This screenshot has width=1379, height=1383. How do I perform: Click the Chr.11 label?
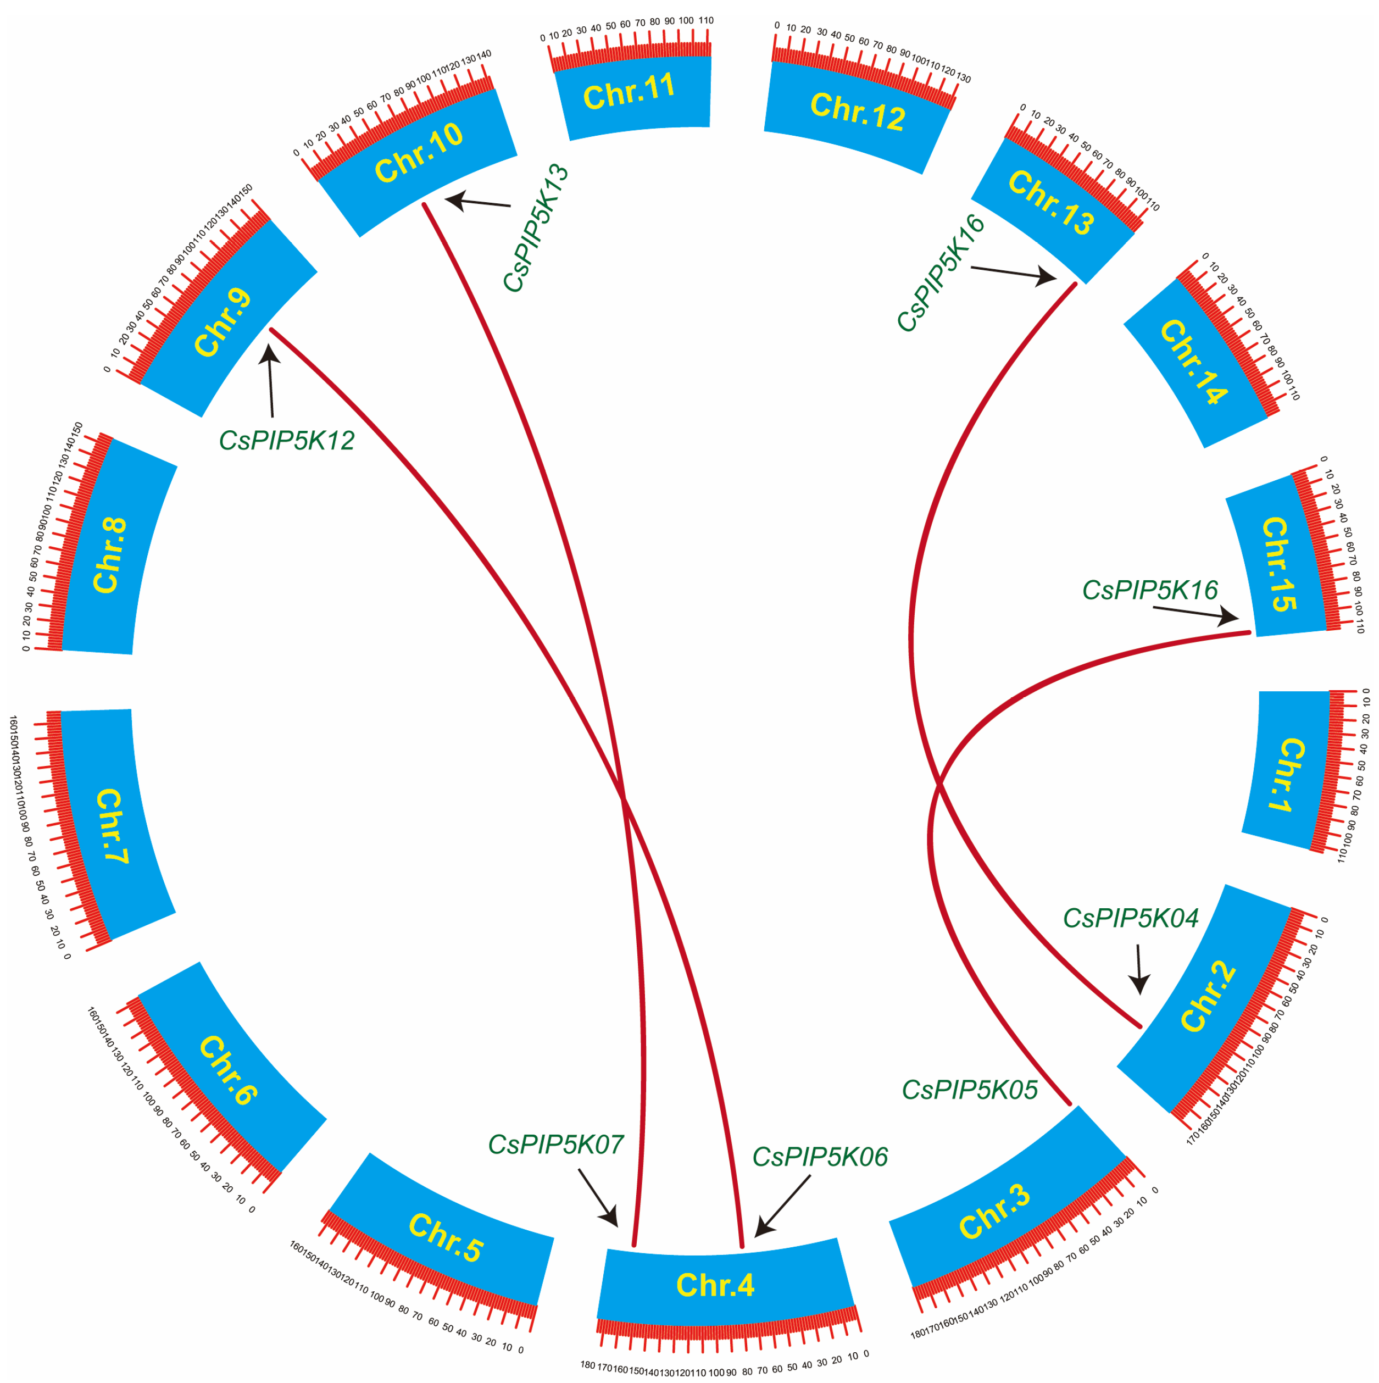(x=629, y=92)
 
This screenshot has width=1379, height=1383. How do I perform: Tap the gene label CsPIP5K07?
(x=555, y=1144)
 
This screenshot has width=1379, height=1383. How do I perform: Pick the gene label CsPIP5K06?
(x=819, y=1157)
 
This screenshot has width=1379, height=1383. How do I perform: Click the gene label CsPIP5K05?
(x=969, y=1090)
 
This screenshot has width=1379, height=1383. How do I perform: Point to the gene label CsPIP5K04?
(x=1130, y=918)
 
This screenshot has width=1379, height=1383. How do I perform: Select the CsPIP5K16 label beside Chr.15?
(x=1149, y=590)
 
